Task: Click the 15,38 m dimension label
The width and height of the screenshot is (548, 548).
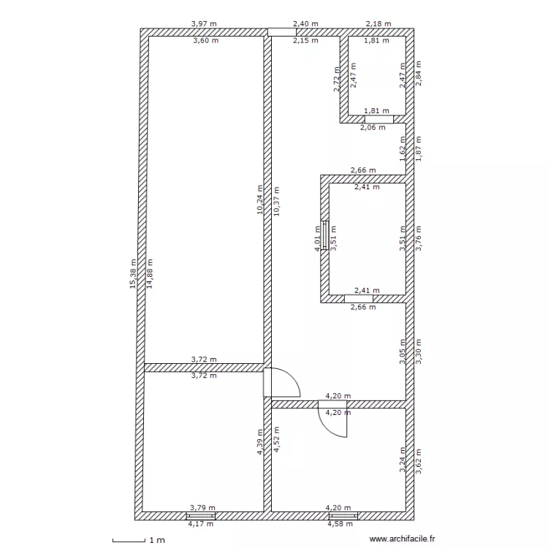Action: (x=133, y=274)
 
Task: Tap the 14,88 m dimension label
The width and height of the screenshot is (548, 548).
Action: (x=150, y=274)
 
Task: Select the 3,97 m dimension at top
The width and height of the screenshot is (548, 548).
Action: (x=204, y=24)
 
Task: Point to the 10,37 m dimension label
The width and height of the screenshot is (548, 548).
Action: (x=276, y=202)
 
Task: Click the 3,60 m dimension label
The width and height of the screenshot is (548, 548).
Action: (x=206, y=40)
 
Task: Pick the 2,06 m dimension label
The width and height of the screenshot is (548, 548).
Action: (x=373, y=128)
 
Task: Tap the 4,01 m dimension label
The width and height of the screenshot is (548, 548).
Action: (x=317, y=239)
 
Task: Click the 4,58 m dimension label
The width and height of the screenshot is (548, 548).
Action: (x=340, y=524)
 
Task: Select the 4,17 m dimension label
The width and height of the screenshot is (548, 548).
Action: (x=201, y=524)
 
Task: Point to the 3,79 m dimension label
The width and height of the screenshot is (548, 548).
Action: (x=202, y=508)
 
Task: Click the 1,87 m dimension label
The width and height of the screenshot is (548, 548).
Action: (x=419, y=149)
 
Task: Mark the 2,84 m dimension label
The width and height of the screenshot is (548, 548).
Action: (x=419, y=73)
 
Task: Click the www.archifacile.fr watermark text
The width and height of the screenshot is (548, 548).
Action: (x=403, y=539)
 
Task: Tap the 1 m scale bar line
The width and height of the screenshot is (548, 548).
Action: (x=129, y=541)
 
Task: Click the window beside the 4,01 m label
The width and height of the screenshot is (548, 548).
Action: (x=324, y=235)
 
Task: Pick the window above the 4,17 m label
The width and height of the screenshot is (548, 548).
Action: (x=201, y=516)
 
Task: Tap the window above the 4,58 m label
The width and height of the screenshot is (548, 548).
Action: (x=343, y=516)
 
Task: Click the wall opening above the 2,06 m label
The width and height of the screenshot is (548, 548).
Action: (x=379, y=119)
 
